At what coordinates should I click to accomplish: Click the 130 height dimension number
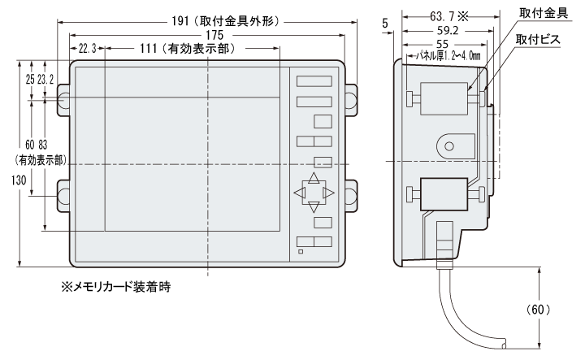point(7,183)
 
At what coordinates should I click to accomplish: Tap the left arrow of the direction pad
point(300,193)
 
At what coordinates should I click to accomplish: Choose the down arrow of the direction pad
point(314,206)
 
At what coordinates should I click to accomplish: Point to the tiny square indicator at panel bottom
point(301,251)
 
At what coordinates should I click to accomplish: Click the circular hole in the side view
point(446,147)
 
